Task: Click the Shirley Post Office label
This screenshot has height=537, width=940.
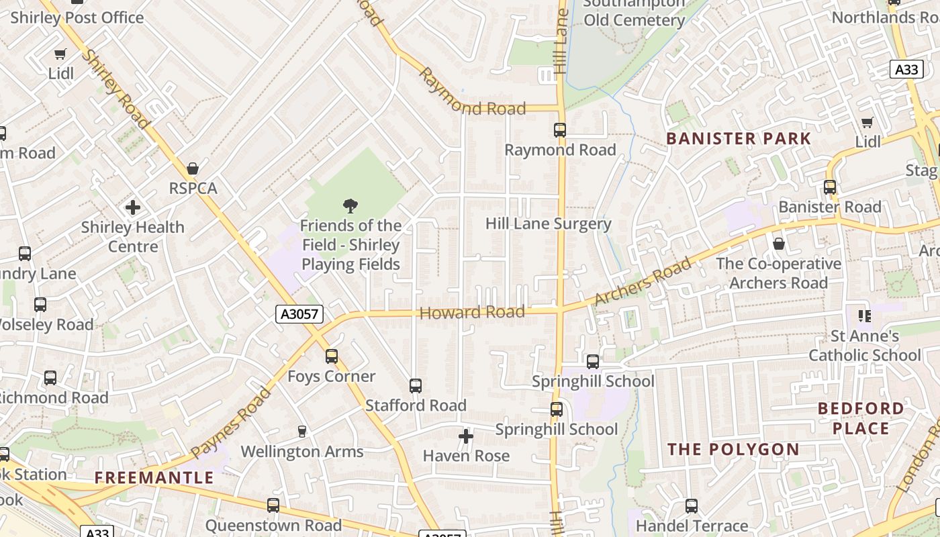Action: [x=77, y=17]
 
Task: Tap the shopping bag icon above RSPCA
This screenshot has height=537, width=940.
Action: [x=193, y=168]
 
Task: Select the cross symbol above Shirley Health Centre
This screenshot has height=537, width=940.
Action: [x=133, y=207]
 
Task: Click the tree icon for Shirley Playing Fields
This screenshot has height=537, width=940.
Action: [x=350, y=206]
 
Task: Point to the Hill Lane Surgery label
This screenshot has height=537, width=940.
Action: [x=548, y=224]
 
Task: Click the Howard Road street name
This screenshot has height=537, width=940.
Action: [x=471, y=312]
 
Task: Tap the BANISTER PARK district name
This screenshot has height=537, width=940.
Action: [x=739, y=139]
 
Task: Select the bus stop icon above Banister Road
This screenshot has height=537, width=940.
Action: [x=830, y=187]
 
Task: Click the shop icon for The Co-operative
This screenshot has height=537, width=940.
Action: [x=779, y=244]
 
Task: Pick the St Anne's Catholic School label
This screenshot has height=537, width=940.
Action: [x=865, y=345]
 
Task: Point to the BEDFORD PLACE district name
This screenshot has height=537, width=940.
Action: [x=861, y=418]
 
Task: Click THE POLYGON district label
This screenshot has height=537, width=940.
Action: [x=733, y=449]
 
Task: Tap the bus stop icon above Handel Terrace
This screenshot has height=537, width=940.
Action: [x=692, y=506]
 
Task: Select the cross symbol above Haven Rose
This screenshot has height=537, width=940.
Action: [x=465, y=437]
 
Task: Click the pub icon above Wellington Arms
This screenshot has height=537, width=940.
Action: [x=302, y=432]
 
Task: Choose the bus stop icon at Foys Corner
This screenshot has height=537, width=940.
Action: [x=331, y=356]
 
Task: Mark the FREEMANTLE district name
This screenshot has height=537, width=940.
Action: [x=154, y=478]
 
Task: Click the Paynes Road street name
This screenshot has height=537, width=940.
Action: [x=230, y=423]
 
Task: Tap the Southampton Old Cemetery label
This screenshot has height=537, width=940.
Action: [x=634, y=12]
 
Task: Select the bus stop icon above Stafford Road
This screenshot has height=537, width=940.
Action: [x=416, y=386]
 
